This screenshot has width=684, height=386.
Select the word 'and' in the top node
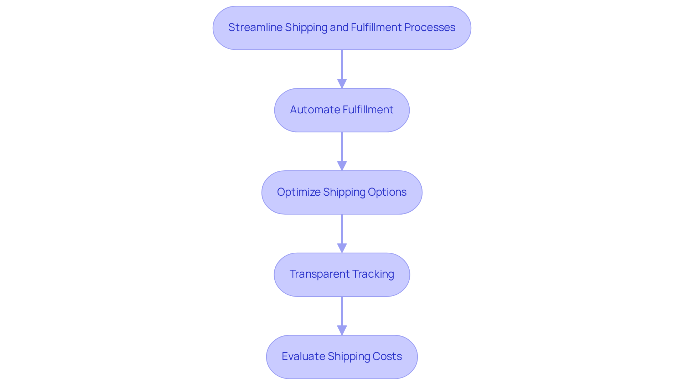tap(339, 27)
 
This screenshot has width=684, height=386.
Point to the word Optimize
tap(299, 192)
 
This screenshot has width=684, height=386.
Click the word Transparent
tap(320, 274)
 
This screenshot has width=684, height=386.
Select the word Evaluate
tap(303, 356)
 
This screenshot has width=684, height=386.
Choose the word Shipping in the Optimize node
tap(344, 192)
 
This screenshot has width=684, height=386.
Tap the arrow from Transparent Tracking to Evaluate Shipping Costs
tap(342, 312)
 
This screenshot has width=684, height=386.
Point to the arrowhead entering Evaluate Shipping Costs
tap(342, 330)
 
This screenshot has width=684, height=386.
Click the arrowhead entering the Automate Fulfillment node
tap(342, 84)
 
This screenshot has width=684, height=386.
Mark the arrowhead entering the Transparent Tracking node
tap(342, 248)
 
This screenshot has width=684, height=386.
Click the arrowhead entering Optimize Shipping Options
tap(342, 166)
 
